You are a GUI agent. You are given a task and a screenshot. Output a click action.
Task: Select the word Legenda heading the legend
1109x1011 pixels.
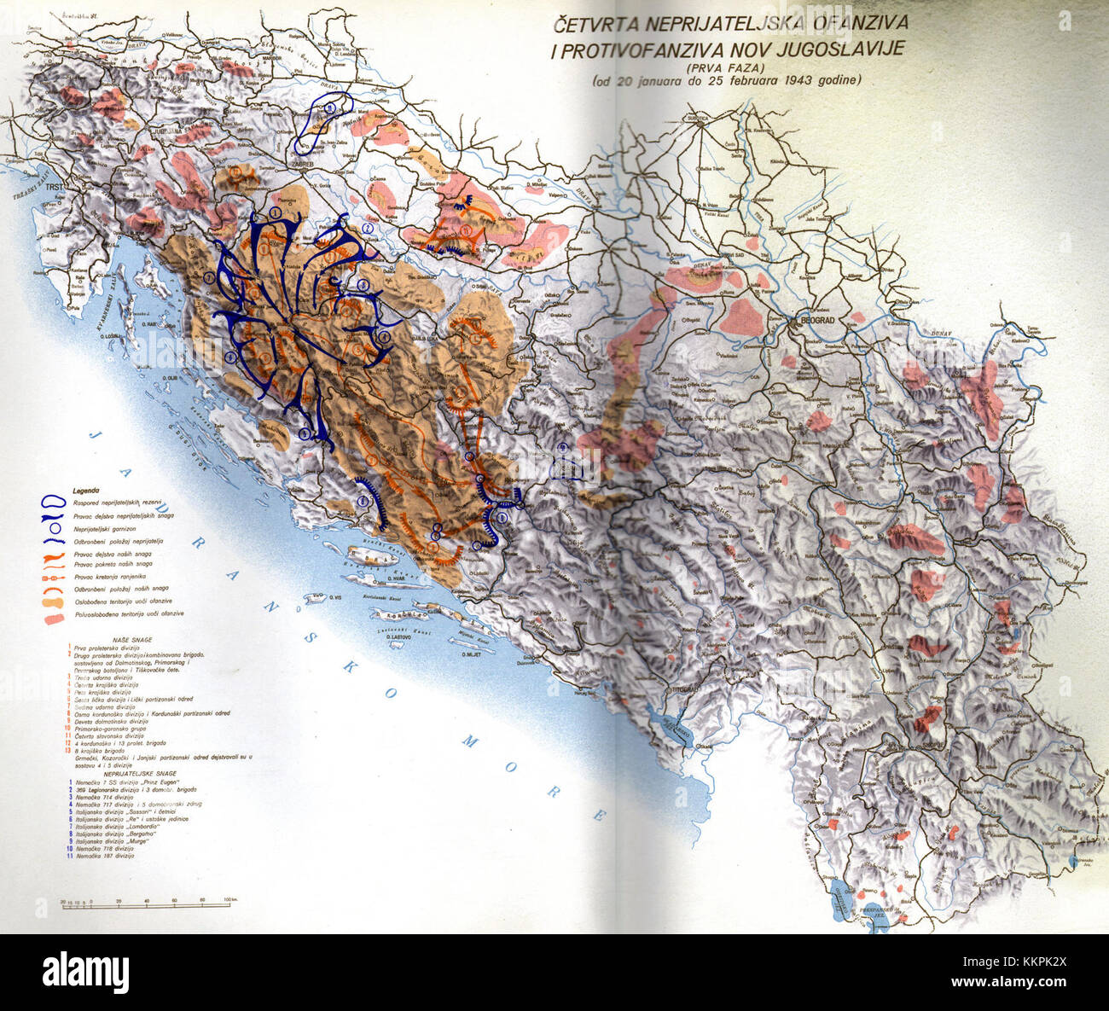[86, 491]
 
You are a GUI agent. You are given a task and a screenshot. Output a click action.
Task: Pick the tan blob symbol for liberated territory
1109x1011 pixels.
[52, 601]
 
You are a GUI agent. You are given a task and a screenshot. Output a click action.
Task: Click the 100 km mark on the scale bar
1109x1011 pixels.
[229, 901]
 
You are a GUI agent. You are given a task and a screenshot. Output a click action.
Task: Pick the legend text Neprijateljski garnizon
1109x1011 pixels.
[116, 529]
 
